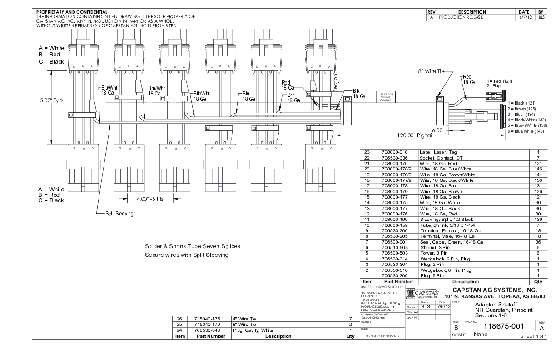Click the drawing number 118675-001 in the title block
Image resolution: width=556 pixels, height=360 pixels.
tap(504, 326)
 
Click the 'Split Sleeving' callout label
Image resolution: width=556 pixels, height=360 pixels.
tap(119, 214)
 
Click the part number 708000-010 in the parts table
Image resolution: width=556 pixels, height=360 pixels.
tap(395, 152)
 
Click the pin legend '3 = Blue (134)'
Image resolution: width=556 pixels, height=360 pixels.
tap(522, 114)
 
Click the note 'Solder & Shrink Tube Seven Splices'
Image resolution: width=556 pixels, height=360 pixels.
tap(192, 246)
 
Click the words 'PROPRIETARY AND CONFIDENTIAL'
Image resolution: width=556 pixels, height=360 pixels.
tap(72, 12)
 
